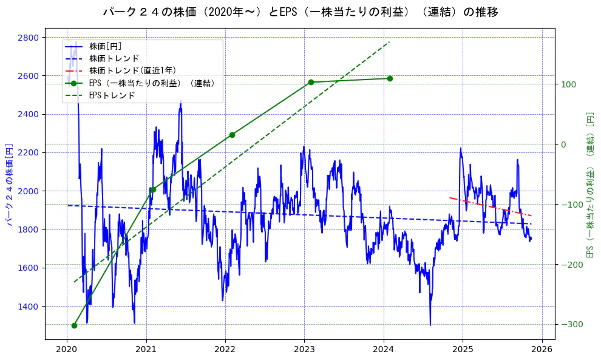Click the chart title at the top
(x=300, y=12)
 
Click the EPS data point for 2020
(x=74, y=325)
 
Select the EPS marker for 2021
(x=152, y=189)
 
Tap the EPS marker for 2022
(x=232, y=135)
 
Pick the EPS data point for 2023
(x=311, y=82)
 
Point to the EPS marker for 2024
(x=390, y=78)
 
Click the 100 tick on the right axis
(x=568, y=84)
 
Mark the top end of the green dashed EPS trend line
(x=389, y=42)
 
